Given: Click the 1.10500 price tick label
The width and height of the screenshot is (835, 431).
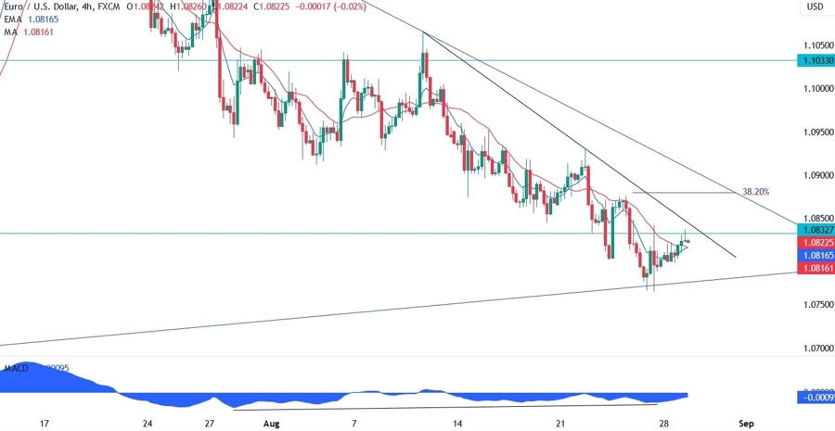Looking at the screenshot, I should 817,44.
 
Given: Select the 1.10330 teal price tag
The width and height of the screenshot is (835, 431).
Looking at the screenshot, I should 816,60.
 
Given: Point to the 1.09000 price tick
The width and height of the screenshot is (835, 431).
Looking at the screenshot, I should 817,174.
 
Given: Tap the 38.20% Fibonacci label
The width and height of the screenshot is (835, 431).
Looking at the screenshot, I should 755,192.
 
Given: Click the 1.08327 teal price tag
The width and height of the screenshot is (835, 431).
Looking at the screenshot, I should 816,228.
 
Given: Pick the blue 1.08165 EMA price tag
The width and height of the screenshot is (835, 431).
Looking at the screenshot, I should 816,254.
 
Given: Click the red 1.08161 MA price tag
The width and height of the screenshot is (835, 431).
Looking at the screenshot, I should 816,267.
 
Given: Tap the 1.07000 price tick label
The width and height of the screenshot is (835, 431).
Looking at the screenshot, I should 817,349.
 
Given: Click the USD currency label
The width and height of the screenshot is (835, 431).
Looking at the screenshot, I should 816,6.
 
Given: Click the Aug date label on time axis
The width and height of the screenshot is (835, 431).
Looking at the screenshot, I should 271,423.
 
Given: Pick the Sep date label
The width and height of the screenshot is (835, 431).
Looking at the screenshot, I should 746,423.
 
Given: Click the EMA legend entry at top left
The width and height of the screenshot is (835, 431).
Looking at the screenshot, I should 14,18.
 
